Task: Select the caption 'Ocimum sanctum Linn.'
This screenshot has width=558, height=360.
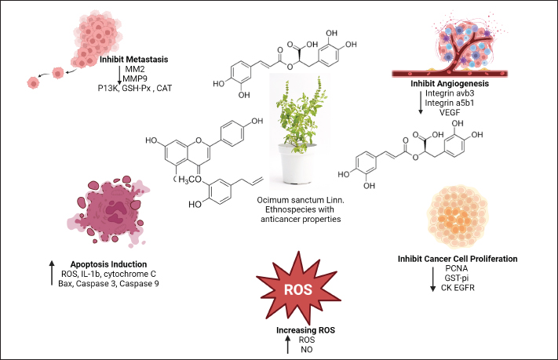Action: [301, 202]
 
